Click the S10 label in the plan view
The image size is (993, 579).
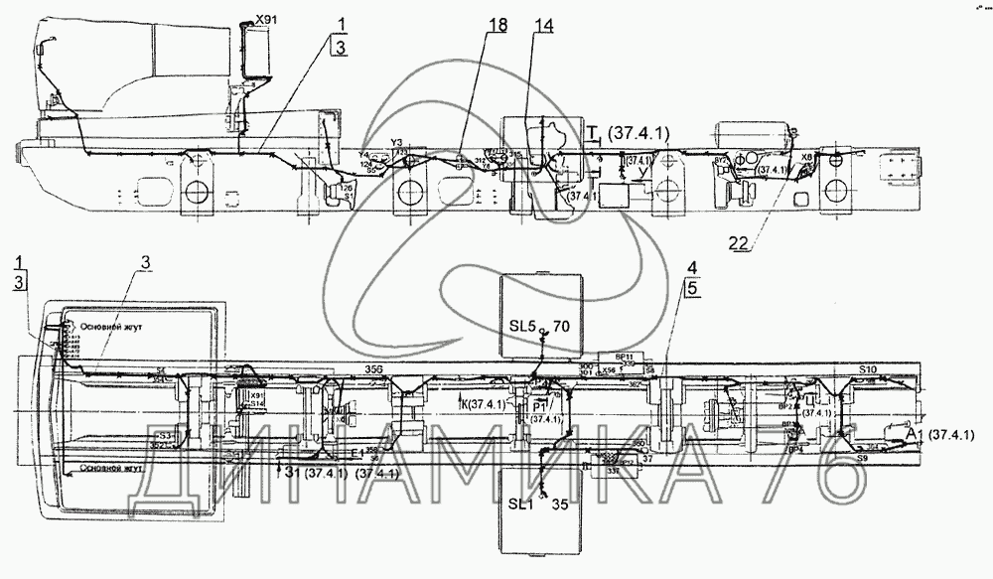(x=868, y=369)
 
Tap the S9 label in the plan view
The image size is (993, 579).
(x=864, y=461)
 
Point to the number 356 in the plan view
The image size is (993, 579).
(x=374, y=369)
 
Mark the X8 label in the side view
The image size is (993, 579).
(x=805, y=156)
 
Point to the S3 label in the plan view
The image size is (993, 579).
(x=166, y=434)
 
